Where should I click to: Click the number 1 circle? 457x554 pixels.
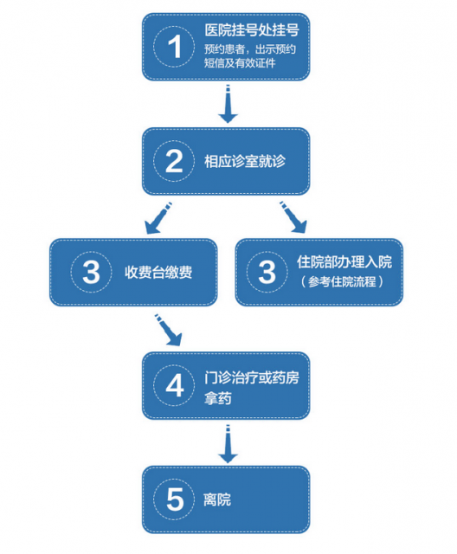click(x=174, y=47)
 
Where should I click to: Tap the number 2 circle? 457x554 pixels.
click(x=174, y=161)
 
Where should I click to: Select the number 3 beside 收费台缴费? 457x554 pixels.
click(x=91, y=272)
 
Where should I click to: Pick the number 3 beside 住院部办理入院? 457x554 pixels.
click(x=267, y=272)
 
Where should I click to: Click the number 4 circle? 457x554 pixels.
click(x=174, y=385)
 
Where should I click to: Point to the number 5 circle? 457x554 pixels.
click(x=174, y=499)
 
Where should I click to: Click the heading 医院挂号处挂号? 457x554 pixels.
click(x=252, y=30)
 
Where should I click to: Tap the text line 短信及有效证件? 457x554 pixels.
click(x=240, y=63)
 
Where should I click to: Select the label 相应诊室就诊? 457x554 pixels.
click(x=245, y=162)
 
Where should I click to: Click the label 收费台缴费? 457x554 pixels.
click(x=158, y=273)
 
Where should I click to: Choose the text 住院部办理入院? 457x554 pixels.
click(x=344, y=261)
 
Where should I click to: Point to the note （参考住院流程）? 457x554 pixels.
click(x=342, y=282)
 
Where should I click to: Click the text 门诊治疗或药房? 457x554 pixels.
click(x=252, y=377)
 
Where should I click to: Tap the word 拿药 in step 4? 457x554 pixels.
click(x=217, y=398)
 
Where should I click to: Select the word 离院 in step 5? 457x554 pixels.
click(x=217, y=499)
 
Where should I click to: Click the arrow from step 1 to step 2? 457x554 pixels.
click(x=228, y=104)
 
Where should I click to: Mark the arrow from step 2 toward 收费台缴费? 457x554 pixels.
click(x=158, y=218)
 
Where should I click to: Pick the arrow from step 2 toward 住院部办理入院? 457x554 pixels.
click(x=293, y=217)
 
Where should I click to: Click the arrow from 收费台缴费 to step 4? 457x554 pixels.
click(x=169, y=330)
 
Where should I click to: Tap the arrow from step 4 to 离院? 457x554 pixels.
click(x=228, y=444)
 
